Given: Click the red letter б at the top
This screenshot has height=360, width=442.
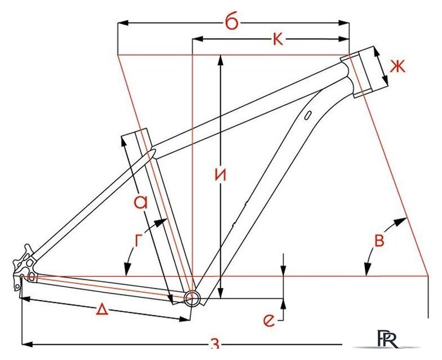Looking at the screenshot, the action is click(232, 21).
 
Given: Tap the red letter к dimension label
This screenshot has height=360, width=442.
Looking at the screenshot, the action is click(278, 39).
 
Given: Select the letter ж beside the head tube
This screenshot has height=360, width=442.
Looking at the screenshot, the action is click(398, 67).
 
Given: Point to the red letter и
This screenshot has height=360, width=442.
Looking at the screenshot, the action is click(220, 175).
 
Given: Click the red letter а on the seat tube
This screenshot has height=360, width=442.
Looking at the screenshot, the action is click(141, 201).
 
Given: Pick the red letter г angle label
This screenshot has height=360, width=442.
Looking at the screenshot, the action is click(138, 240).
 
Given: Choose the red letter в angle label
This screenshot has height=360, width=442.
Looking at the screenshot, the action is click(379, 241).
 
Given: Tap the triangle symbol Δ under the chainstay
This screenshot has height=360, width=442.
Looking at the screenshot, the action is click(102, 310).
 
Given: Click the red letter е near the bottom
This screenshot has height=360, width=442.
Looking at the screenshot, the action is click(269, 320).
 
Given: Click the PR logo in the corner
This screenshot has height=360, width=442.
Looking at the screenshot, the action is click(388, 339).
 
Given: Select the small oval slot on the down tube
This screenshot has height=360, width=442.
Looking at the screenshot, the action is click(308, 115).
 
